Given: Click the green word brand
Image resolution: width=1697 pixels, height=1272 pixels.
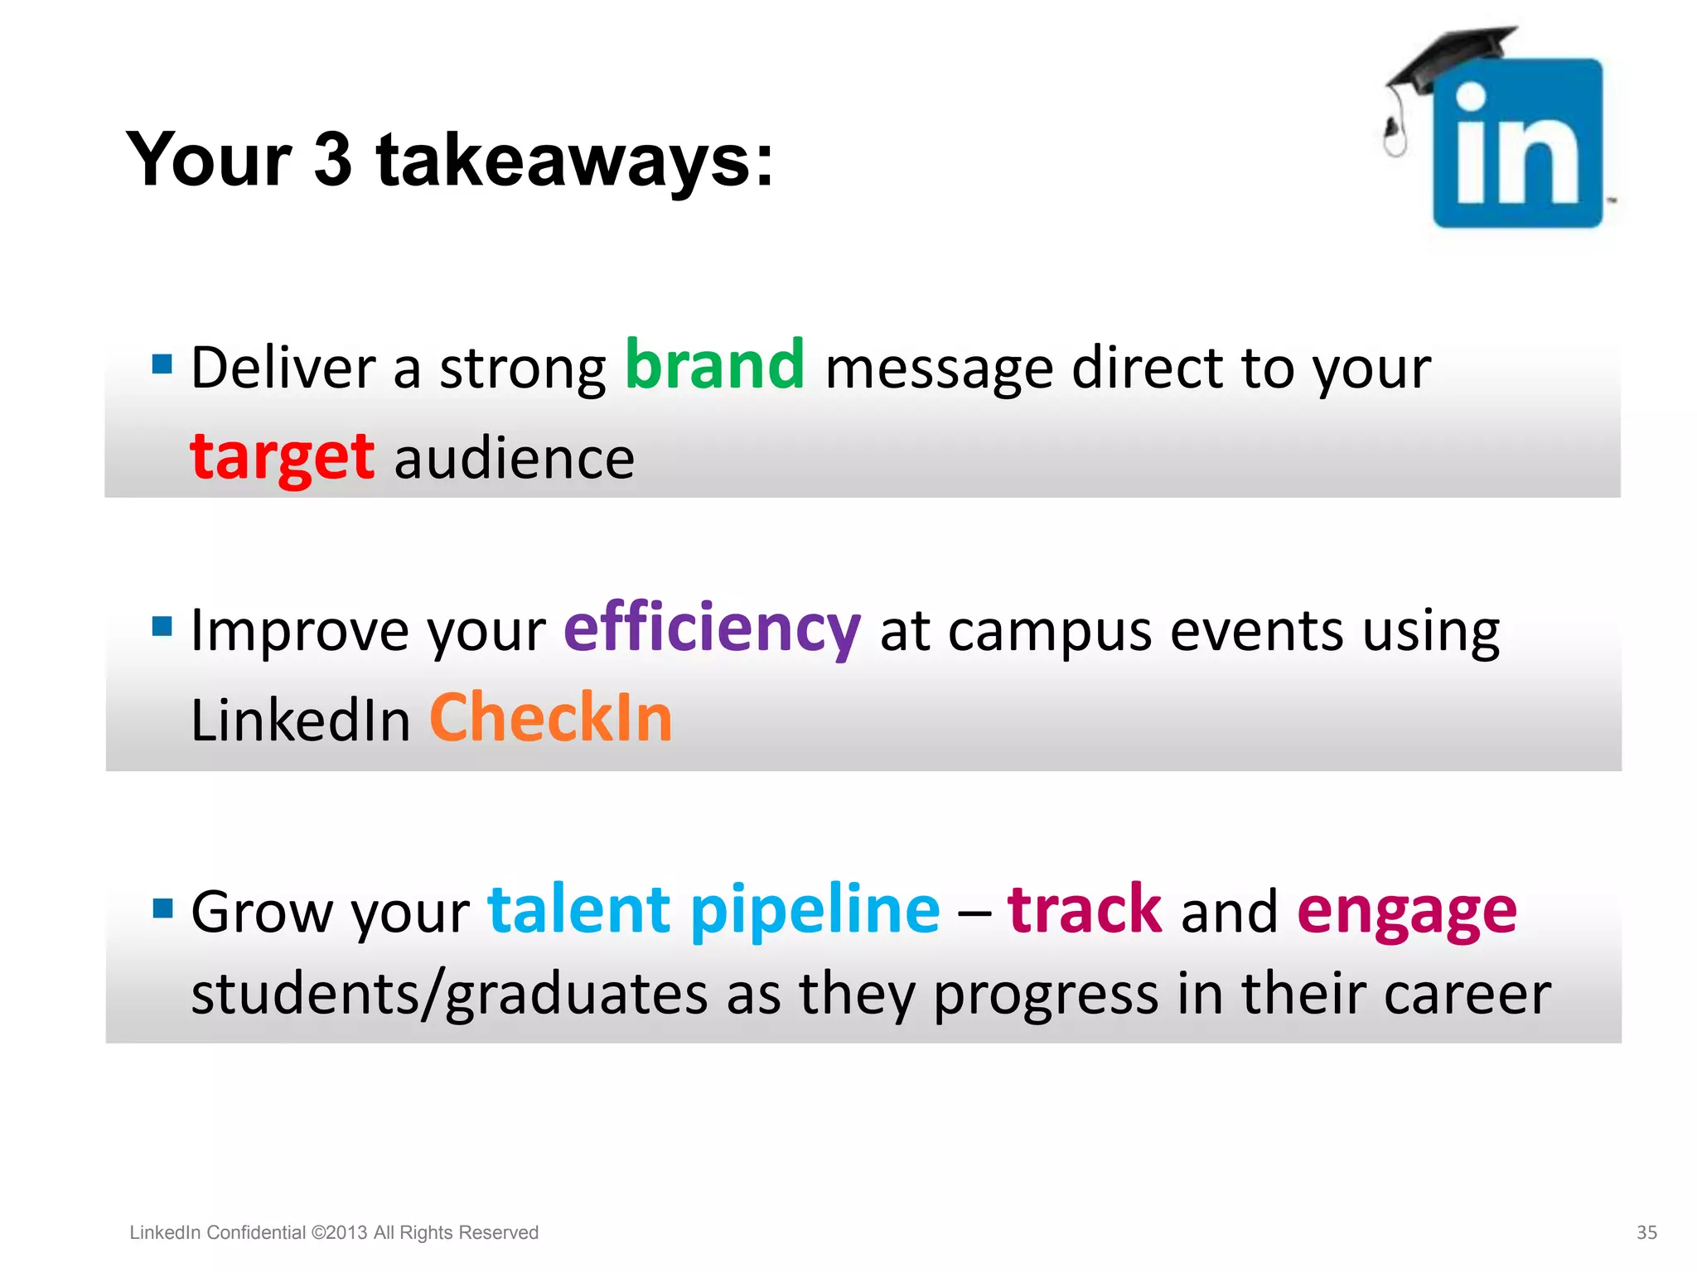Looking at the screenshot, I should pos(714,366).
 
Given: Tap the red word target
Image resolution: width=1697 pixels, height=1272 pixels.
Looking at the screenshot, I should pos(283,458).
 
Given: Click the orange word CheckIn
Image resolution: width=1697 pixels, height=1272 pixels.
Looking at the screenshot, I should pos(551,718).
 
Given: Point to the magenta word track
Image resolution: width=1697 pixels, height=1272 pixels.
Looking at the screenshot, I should pos(1085,910).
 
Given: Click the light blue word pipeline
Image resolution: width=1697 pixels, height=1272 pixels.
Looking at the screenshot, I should pos(815,911).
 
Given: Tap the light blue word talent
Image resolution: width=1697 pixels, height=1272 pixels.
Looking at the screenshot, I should pos(578,910).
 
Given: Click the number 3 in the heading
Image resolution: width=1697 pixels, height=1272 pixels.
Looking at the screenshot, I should pos(333,159).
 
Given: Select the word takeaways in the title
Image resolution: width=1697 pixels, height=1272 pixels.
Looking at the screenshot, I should pos(574,159).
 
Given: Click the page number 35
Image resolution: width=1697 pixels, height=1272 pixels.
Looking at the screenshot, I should pos(1646,1232).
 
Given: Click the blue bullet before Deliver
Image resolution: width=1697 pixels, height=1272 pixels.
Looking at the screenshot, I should pos(162,364).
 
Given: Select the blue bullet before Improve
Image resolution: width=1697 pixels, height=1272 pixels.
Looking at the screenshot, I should pos(162,626).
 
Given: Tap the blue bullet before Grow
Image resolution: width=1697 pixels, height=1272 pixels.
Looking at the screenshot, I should pos(162,908).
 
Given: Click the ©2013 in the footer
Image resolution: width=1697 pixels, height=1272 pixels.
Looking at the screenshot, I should pos(339,1232).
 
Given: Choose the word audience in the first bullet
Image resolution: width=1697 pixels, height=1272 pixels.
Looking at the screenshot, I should pos(515,460).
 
